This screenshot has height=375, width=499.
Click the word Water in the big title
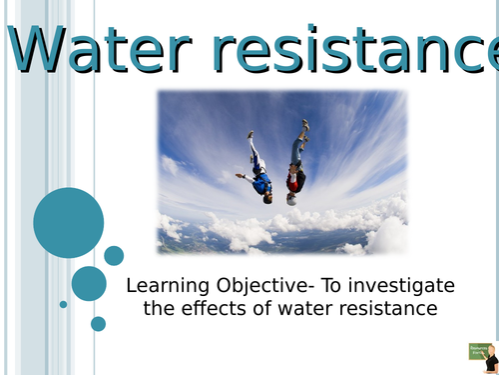point(109,49)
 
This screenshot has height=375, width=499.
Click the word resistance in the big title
point(369,49)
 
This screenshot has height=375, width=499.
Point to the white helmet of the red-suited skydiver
point(291,198)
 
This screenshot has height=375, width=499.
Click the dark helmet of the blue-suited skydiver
point(266,197)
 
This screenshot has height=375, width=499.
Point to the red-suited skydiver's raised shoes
point(304,126)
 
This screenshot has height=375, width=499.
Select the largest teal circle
point(69,222)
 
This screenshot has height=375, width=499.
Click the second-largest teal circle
point(89,283)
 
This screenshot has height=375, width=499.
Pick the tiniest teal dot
point(63,304)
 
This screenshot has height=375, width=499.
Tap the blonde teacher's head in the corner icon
point(490,350)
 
